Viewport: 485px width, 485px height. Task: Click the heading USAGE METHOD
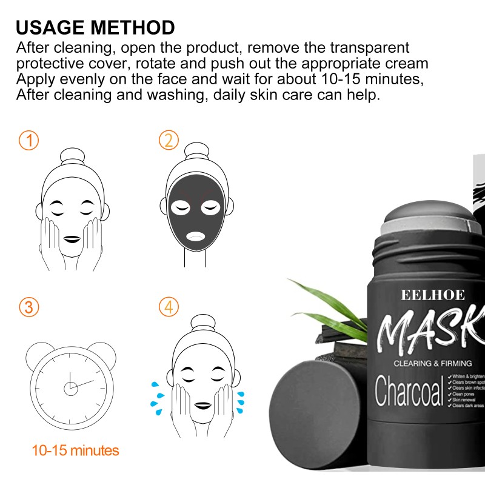coord(95,27)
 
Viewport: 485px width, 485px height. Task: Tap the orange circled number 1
coord(28,141)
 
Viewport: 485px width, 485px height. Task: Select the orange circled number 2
coord(169,141)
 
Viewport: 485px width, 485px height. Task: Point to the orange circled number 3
coord(28,307)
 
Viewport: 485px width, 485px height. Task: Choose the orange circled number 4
coord(169,307)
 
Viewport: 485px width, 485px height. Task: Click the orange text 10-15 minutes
coord(75,450)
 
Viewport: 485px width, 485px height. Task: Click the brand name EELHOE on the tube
coord(432,295)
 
